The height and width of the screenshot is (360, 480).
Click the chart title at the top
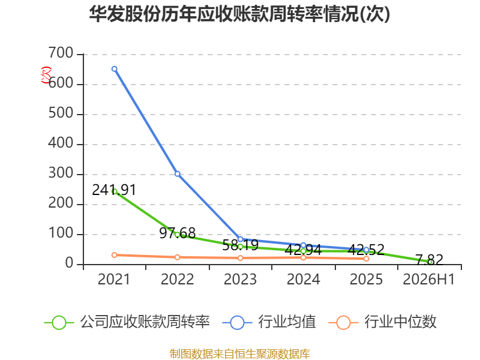(239, 14)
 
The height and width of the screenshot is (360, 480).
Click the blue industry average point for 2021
(115, 69)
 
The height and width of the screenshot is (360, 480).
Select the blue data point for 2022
(177, 174)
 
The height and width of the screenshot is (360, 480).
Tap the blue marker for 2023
(241, 239)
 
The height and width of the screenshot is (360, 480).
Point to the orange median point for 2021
(115, 255)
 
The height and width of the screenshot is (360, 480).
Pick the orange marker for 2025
(366, 259)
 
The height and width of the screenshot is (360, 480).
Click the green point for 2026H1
(430, 262)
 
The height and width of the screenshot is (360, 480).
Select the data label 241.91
(114, 190)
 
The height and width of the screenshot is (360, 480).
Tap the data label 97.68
(177, 233)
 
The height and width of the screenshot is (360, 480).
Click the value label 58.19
(241, 245)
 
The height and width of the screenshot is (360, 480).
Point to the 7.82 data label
(429, 260)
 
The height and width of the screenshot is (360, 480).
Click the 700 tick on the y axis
(61, 53)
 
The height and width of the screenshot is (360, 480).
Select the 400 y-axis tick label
(61, 143)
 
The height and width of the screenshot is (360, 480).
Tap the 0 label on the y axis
(70, 263)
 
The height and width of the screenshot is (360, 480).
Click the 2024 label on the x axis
(304, 279)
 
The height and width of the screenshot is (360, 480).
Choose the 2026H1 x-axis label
(429, 279)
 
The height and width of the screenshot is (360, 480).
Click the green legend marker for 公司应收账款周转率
(59, 323)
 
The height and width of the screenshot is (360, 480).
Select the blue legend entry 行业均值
(269, 322)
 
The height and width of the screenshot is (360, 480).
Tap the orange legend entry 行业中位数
(382, 322)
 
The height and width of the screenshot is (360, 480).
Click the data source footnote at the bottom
(240, 354)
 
